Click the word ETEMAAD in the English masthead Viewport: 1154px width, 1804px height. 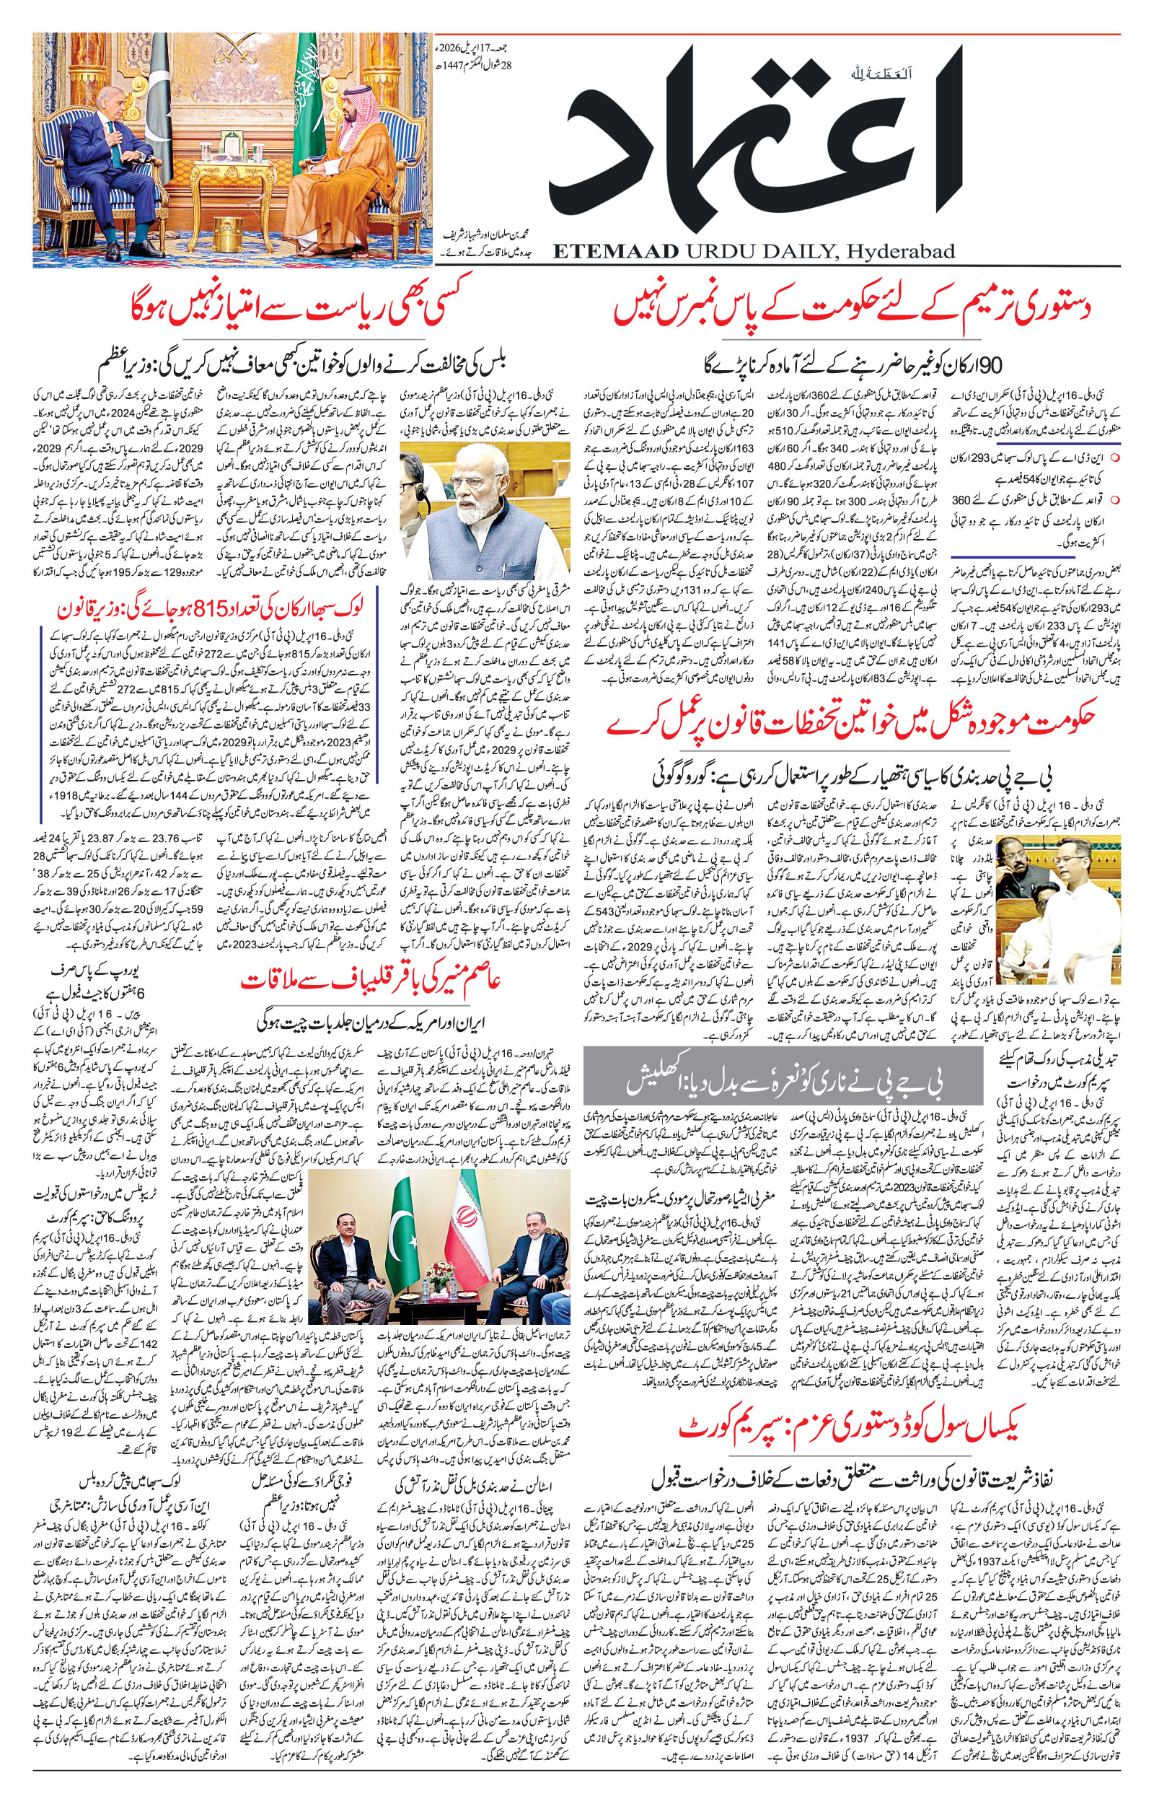pos(615,252)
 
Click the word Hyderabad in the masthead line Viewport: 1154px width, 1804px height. pos(900,252)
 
